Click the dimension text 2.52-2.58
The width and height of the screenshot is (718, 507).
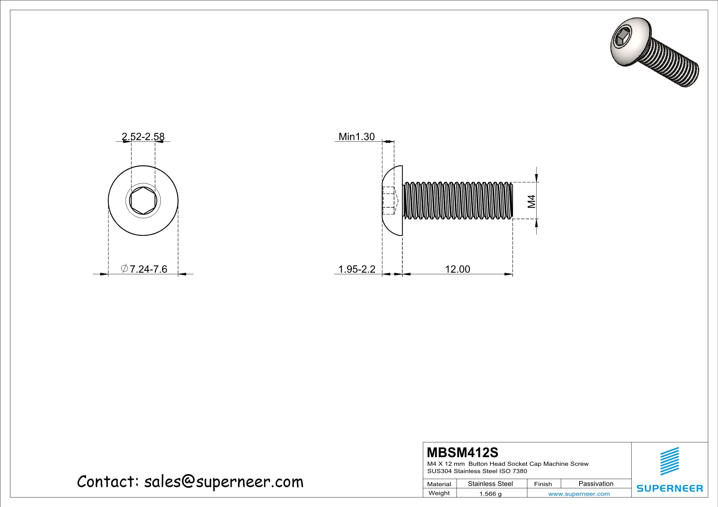[143, 137]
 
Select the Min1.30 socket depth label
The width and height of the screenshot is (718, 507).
[357, 137]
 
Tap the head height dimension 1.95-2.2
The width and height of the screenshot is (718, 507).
[357, 269]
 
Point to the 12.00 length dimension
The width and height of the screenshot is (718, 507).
[458, 269]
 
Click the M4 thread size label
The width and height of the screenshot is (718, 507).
[531, 201]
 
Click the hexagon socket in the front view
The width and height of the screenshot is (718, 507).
[143, 201]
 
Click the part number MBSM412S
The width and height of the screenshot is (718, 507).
[462, 452]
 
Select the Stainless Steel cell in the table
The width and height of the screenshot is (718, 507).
[490, 484]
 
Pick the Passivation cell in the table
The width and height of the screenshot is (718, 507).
[596, 484]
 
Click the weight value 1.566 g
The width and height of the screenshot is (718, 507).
[490, 494]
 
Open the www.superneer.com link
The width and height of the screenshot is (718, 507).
[579, 494]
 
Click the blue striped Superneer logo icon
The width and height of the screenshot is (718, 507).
[669, 461]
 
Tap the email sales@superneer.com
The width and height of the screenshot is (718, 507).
[224, 482]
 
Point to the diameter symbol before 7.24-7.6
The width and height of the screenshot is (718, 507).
[125, 268]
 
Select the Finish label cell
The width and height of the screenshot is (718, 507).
[543, 484]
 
